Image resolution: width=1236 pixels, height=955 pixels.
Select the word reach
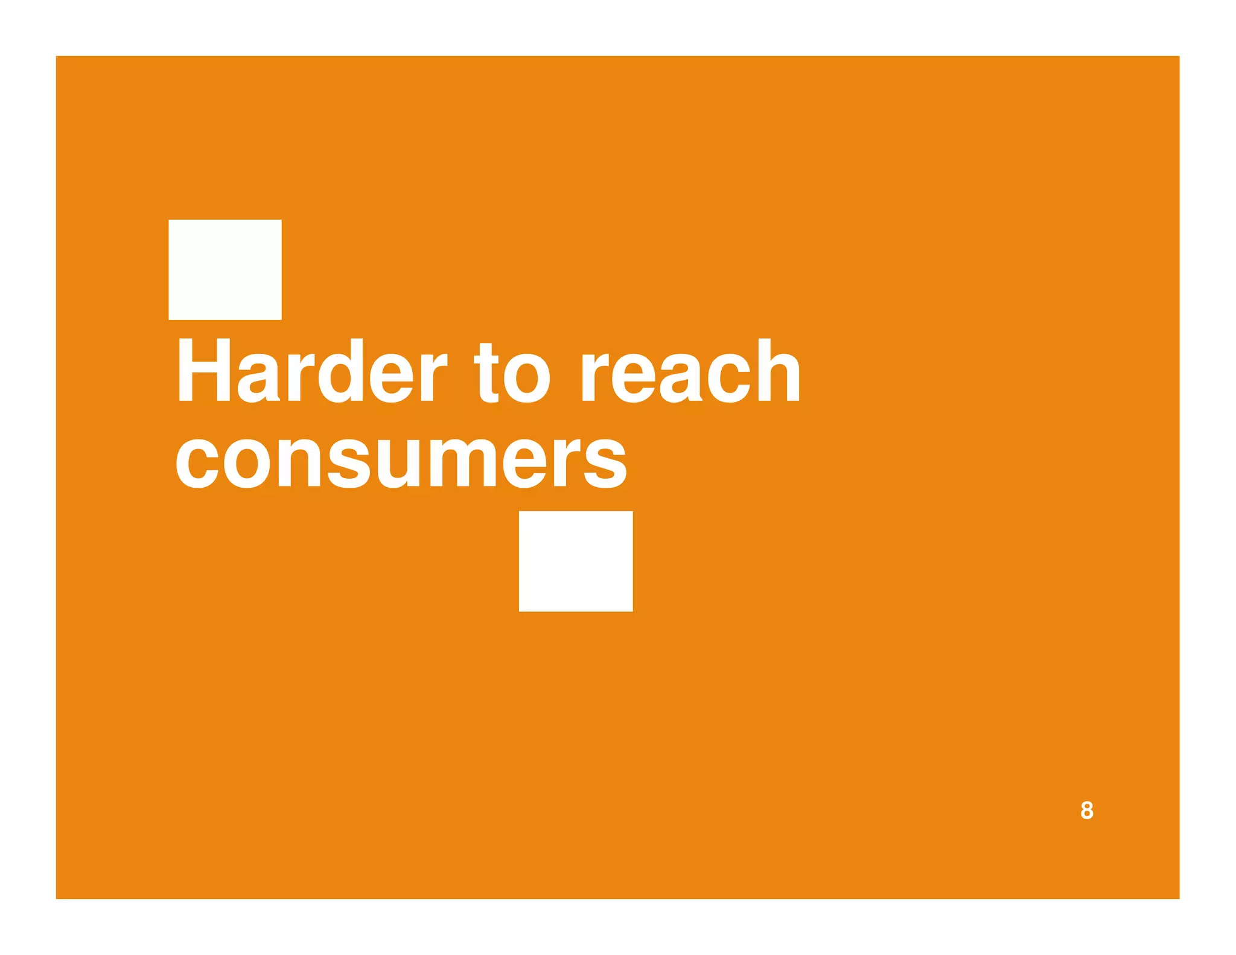pyautogui.click(x=690, y=371)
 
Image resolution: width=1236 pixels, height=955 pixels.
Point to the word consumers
pyautogui.click(x=401, y=462)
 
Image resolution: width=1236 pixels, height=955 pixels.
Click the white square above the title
pyautogui.click(x=225, y=269)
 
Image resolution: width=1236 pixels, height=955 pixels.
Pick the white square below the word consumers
pyautogui.click(x=576, y=561)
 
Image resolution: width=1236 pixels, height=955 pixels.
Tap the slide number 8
pyautogui.click(x=1086, y=810)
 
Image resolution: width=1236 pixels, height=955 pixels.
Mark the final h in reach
pyautogui.click(x=779, y=370)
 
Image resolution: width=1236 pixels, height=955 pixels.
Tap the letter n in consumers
pyautogui.click(x=300, y=462)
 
